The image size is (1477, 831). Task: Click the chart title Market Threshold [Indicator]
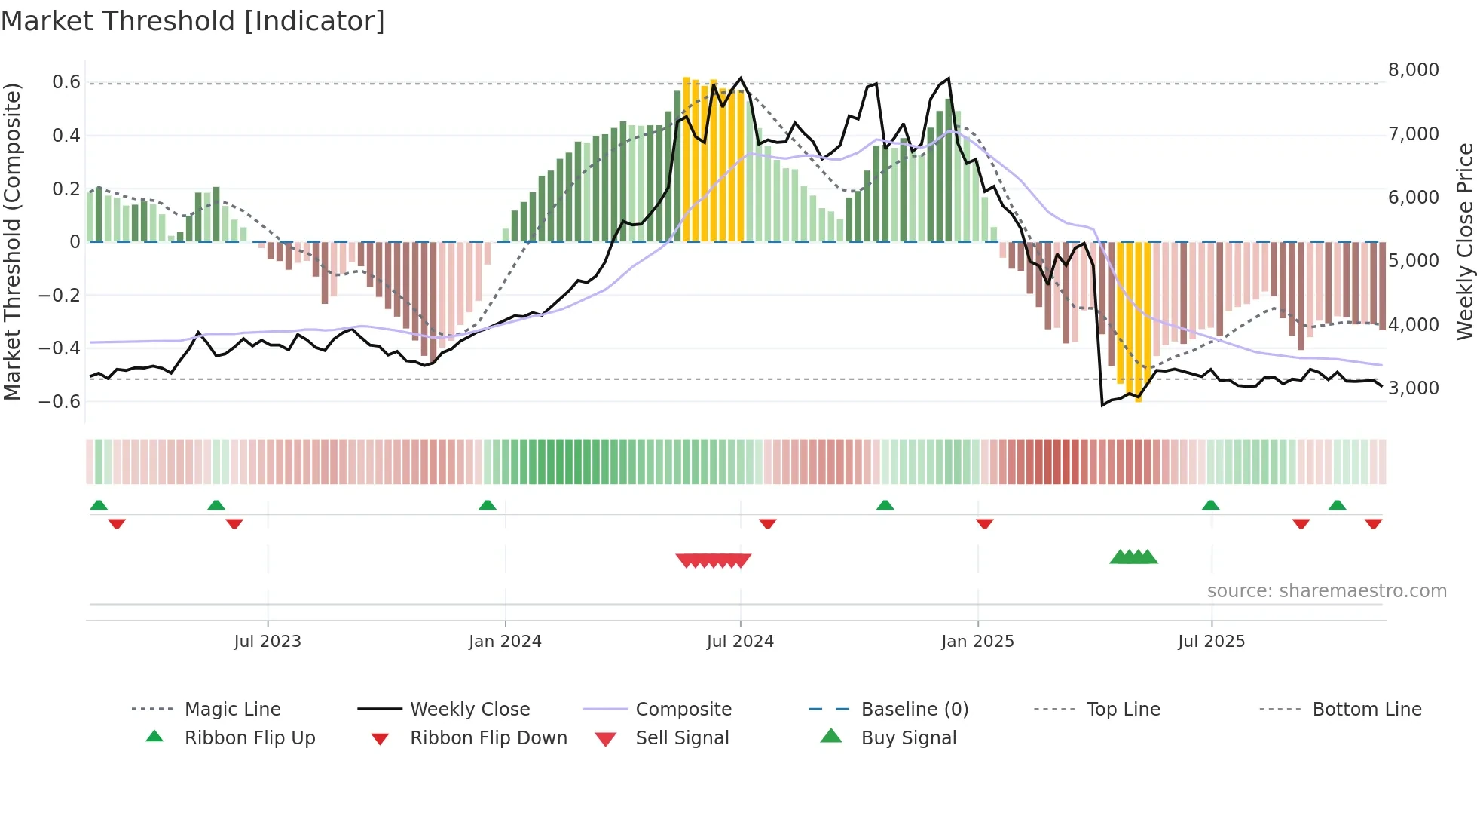(193, 21)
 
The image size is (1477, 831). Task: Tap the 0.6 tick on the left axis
(66, 82)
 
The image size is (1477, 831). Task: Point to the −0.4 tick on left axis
(60, 348)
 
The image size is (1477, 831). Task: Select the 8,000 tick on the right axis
(1413, 70)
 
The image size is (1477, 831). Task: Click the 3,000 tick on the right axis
(1413, 388)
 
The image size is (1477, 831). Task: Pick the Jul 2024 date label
(740, 642)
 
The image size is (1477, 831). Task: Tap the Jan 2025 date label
(977, 642)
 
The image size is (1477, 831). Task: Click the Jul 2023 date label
(268, 642)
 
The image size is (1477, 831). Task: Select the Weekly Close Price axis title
(1464, 241)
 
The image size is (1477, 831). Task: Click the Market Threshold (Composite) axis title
(12, 241)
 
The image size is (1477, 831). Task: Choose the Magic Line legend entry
(232, 710)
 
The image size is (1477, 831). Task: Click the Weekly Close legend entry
(469, 710)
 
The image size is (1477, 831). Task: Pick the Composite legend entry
(683, 710)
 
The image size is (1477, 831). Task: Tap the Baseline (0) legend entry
(914, 710)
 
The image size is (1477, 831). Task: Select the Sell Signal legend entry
(682, 738)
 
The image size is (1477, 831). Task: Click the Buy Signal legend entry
(908, 738)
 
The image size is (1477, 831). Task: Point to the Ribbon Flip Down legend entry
(488, 738)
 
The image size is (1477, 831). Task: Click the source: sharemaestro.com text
(1326, 591)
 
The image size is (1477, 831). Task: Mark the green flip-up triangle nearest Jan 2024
(488, 505)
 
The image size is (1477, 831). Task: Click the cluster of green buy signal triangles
(1133, 557)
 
